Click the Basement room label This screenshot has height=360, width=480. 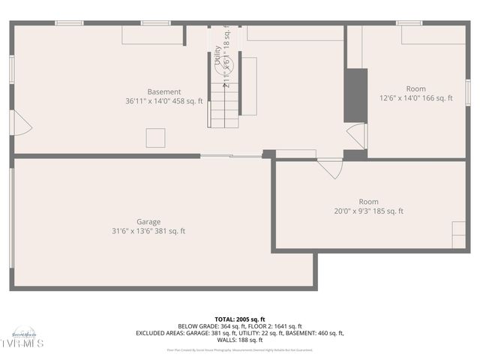(x=163, y=92)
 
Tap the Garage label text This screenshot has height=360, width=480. (x=148, y=222)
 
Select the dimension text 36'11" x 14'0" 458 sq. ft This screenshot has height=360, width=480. (x=163, y=101)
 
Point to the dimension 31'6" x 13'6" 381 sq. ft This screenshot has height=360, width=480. (x=148, y=232)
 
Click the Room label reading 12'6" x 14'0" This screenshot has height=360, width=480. (x=415, y=89)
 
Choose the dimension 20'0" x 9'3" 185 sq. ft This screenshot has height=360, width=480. (x=368, y=211)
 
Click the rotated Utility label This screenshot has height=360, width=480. (x=218, y=57)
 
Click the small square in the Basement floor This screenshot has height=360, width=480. (x=155, y=137)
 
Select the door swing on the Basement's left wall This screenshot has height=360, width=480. (x=22, y=124)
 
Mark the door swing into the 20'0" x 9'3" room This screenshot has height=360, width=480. (x=330, y=167)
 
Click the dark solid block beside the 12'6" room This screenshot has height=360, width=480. (x=355, y=95)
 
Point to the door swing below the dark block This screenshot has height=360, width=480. (x=358, y=135)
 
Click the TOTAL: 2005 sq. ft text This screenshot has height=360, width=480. (x=240, y=319)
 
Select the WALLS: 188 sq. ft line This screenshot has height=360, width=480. (x=240, y=340)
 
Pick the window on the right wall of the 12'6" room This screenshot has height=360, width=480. (x=467, y=91)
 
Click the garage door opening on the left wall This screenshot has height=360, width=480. (x=11, y=217)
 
